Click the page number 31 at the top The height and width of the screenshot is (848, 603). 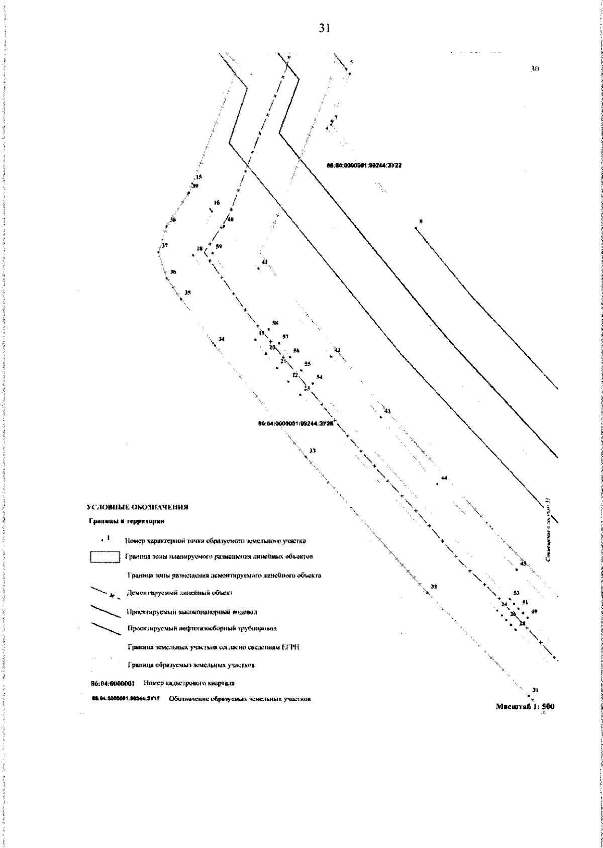324,29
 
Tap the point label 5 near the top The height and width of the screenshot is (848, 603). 351,62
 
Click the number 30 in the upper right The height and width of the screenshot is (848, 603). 535,68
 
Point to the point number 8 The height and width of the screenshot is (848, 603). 421,221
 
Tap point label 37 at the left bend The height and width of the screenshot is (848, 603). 164,246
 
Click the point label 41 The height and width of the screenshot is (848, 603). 265,261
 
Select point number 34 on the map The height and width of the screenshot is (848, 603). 222,339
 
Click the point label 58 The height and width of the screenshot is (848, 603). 275,323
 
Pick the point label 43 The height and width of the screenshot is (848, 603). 387,411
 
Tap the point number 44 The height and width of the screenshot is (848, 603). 444,478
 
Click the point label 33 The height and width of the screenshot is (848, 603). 313,450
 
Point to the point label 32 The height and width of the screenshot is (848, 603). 434,587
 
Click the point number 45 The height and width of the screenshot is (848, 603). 523,564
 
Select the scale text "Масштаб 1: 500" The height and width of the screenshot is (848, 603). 525,706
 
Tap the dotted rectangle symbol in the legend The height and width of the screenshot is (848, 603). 105,557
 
